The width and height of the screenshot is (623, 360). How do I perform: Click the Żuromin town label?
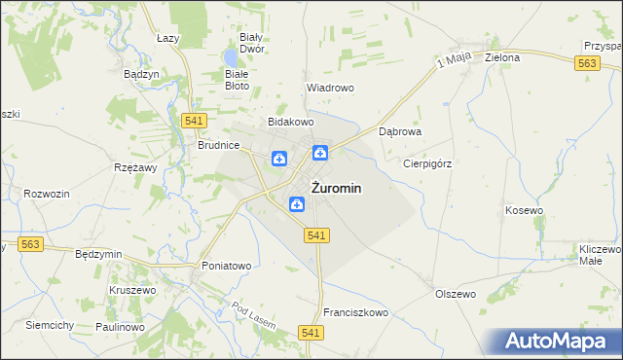(x=338, y=189)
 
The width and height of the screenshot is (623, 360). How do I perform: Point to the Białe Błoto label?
(x=237, y=79)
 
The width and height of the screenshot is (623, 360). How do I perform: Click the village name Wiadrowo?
(x=330, y=88)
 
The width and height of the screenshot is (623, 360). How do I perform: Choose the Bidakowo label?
(x=291, y=122)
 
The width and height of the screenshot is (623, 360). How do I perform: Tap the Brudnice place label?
(x=218, y=144)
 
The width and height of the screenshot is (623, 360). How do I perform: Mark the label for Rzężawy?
(x=135, y=167)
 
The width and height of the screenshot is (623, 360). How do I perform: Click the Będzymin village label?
(x=98, y=254)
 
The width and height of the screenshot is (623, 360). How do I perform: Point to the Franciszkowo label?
(x=356, y=312)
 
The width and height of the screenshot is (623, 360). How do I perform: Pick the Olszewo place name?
(x=455, y=293)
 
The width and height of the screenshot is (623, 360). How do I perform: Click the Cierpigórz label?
(x=427, y=163)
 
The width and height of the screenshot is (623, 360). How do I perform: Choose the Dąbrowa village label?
(x=399, y=129)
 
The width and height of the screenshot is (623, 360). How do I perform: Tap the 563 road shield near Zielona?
(x=586, y=62)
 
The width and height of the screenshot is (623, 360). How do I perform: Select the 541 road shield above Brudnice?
(x=192, y=120)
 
